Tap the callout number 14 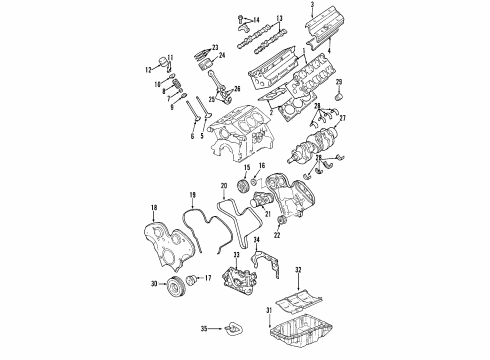[x=256, y=20]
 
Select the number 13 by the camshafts [x=280, y=18]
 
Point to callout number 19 [x=192, y=194]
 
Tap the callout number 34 [x=257, y=241]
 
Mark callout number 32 [x=298, y=271]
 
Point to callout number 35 [x=201, y=327]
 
